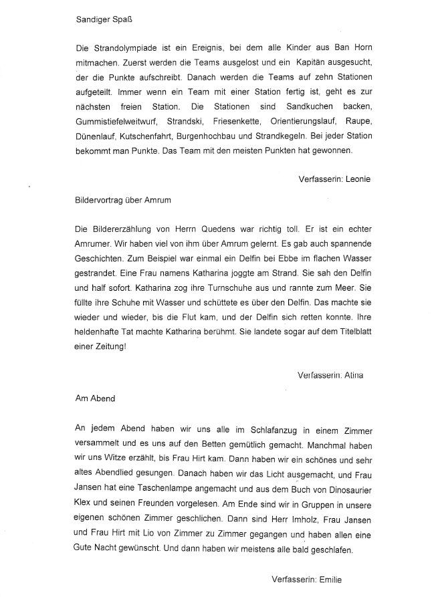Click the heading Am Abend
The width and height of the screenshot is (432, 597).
tap(95, 398)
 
